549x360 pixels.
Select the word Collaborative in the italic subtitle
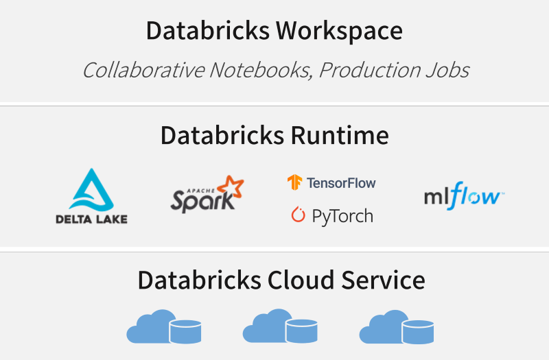[143, 70]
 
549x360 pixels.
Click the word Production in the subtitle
[370, 71]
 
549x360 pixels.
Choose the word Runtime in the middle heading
[340, 135]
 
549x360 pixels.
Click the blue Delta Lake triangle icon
[92, 190]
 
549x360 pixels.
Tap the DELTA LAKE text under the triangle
[92, 219]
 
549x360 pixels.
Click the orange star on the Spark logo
[231, 187]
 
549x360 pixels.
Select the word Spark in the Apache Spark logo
[202, 202]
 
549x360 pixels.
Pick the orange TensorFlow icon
[294, 182]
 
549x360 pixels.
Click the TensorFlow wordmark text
[341, 183]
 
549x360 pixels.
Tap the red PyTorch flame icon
[299, 215]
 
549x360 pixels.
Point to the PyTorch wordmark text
[342, 216]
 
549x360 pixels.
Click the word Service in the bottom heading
[384, 280]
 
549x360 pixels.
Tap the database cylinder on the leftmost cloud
[185, 331]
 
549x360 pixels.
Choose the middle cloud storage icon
[280, 326]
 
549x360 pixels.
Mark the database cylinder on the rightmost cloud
[418, 332]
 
